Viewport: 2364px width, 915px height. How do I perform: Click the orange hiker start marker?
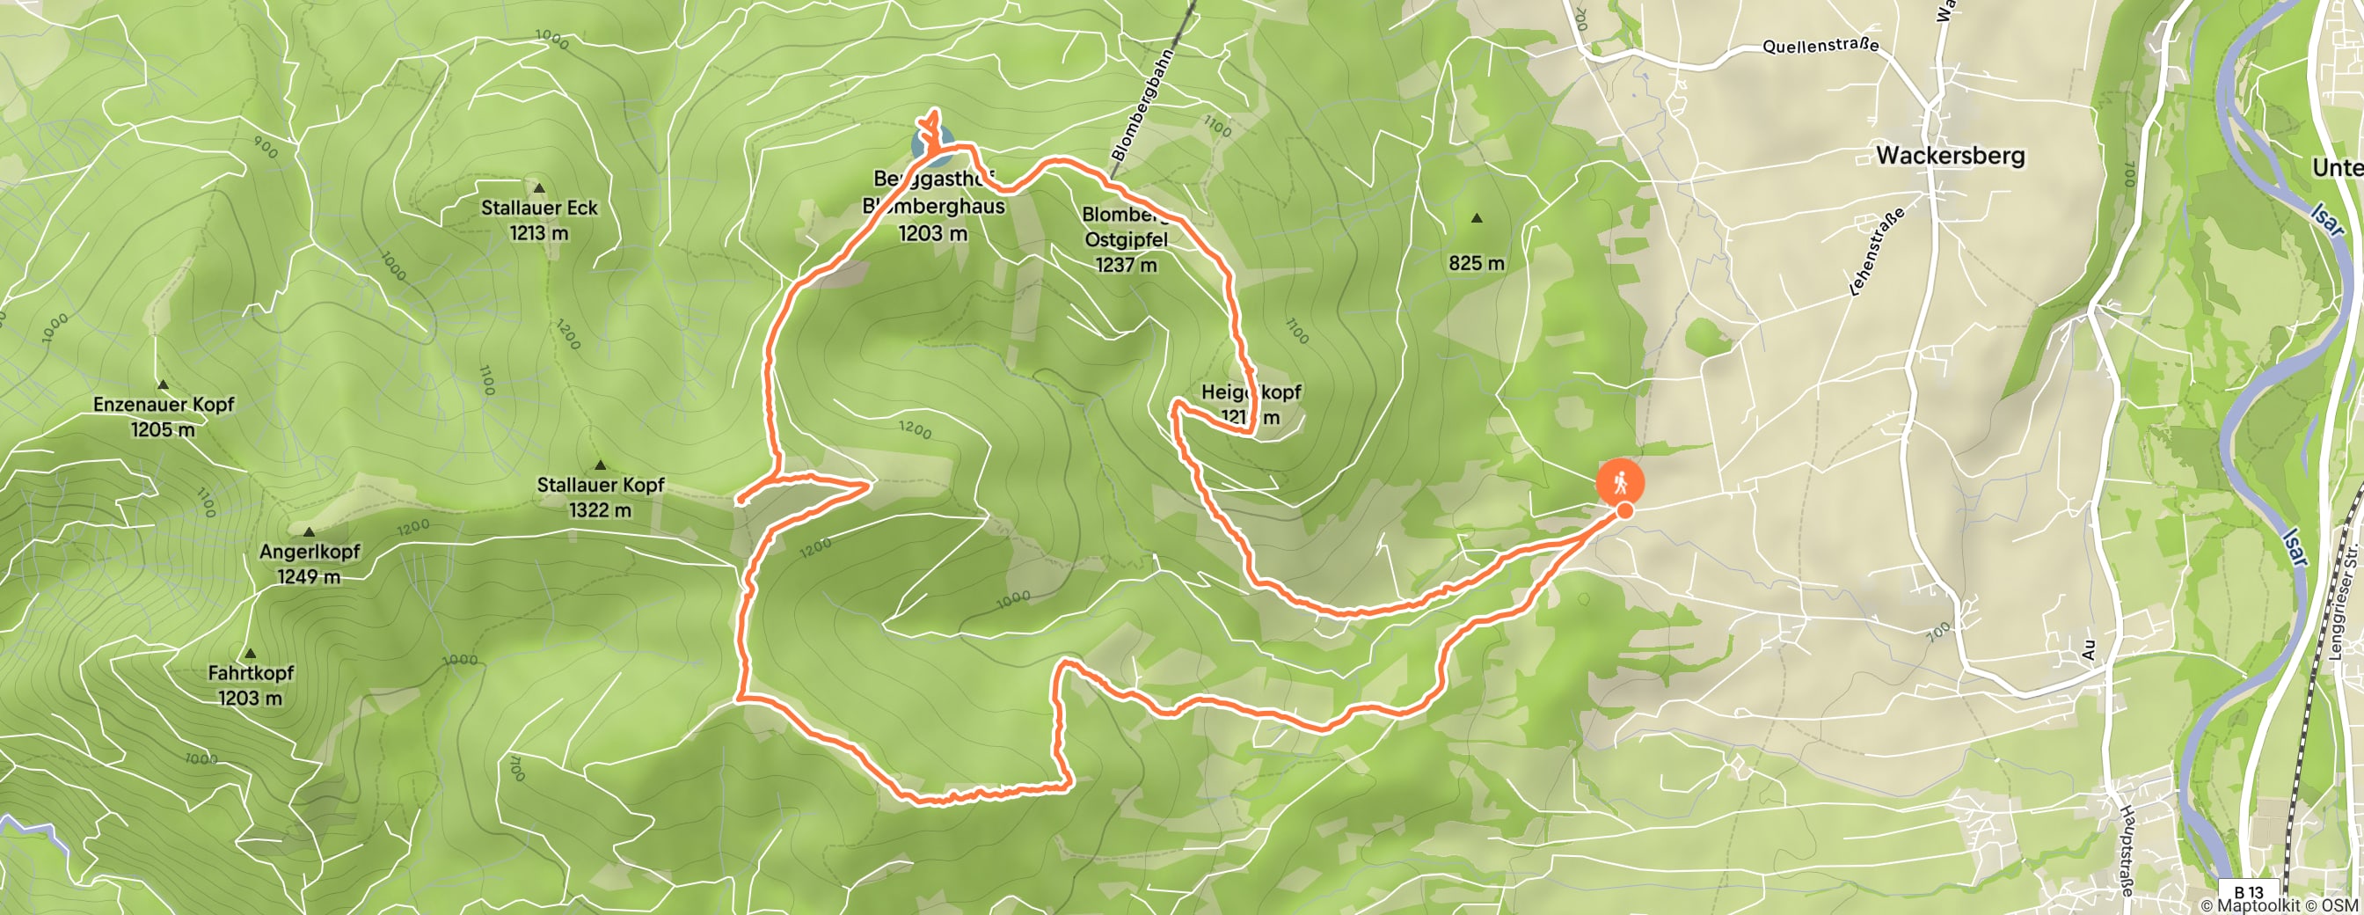pyautogui.click(x=1620, y=482)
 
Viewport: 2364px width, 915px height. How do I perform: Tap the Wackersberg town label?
pyautogui.click(x=1950, y=155)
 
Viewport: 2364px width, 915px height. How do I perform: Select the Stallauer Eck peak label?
pyautogui.click(x=539, y=209)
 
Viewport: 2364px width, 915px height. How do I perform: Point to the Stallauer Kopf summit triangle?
pyautogui.click(x=600, y=465)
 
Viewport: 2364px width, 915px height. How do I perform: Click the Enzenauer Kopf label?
pyautogui.click(x=164, y=405)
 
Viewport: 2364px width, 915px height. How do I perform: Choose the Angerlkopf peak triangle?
pyautogui.click(x=310, y=532)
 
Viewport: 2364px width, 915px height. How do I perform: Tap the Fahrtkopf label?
pyautogui.click(x=251, y=673)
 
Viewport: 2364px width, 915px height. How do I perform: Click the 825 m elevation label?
pyautogui.click(x=1477, y=263)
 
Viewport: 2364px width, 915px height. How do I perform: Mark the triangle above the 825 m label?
pyautogui.click(x=1477, y=218)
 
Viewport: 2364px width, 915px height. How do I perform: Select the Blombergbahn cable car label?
pyautogui.click(x=1142, y=106)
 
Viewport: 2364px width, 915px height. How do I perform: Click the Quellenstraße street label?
pyautogui.click(x=1820, y=45)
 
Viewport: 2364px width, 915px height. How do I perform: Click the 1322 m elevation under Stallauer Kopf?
pyautogui.click(x=600, y=510)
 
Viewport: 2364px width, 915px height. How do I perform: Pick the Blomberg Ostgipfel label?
pyautogui.click(x=1126, y=239)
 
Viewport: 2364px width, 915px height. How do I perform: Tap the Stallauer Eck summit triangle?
pyautogui.click(x=540, y=188)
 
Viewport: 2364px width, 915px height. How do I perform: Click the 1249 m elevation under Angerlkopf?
pyautogui.click(x=310, y=576)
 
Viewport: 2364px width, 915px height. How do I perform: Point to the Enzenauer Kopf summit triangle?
pyautogui.click(x=164, y=384)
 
